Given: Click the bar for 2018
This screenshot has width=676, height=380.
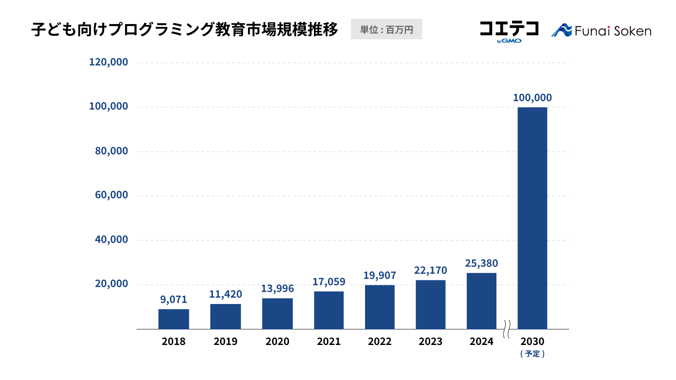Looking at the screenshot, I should [174, 319].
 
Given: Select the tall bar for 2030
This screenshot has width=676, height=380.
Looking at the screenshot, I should [532, 218].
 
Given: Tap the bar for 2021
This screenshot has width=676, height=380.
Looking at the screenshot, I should [329, 310].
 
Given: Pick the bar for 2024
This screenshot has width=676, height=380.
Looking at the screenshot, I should [482, 301].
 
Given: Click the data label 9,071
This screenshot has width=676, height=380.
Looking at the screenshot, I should [174, 299].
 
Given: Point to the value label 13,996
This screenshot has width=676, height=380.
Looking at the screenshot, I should [277, 288].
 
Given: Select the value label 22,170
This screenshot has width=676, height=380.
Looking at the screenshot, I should [431, 270].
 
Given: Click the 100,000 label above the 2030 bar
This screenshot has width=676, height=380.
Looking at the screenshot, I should [532, 98].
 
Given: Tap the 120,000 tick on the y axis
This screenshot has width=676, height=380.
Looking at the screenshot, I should [109, 62].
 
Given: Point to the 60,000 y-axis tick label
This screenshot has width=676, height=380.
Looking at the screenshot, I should [112, 195].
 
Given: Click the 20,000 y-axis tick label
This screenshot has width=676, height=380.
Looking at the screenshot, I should [112, 284].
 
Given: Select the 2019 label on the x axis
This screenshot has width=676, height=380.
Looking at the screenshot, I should [226, 341].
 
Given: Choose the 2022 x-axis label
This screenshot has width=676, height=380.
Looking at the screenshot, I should [380, 341].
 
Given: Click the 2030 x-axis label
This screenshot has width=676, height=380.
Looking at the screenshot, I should [532, 341].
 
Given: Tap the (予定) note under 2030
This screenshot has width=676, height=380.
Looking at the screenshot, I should [532, 354].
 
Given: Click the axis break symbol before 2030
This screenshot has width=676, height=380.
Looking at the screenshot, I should [507, 329].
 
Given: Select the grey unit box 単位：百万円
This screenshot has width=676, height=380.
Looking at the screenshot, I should [386, 29].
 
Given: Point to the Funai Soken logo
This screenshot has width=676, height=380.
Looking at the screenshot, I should [601, 31].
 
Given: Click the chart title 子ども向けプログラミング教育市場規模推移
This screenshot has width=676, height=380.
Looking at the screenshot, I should [185, 29].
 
